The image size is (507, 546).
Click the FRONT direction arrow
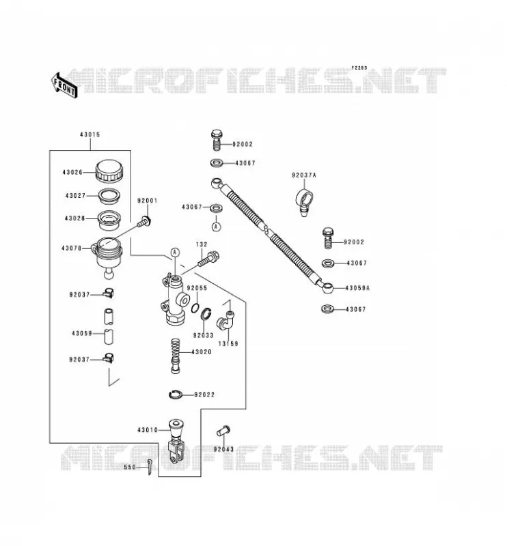64,86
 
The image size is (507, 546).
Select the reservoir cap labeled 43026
109,171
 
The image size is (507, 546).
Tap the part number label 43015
90,134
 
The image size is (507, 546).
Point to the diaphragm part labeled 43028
109,220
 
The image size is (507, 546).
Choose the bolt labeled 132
208,259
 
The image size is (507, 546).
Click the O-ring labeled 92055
195,308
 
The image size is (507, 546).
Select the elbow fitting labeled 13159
225,319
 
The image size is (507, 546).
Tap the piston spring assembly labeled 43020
176,356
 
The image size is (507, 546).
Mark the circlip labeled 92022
175,394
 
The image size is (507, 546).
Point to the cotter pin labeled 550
149,466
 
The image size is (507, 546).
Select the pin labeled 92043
223,431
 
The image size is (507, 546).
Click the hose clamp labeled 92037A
303,202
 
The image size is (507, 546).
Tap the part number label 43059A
357,288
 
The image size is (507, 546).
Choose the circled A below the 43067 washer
217,227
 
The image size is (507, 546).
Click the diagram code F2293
359,68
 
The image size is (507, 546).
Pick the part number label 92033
204,335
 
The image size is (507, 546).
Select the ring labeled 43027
109,196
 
